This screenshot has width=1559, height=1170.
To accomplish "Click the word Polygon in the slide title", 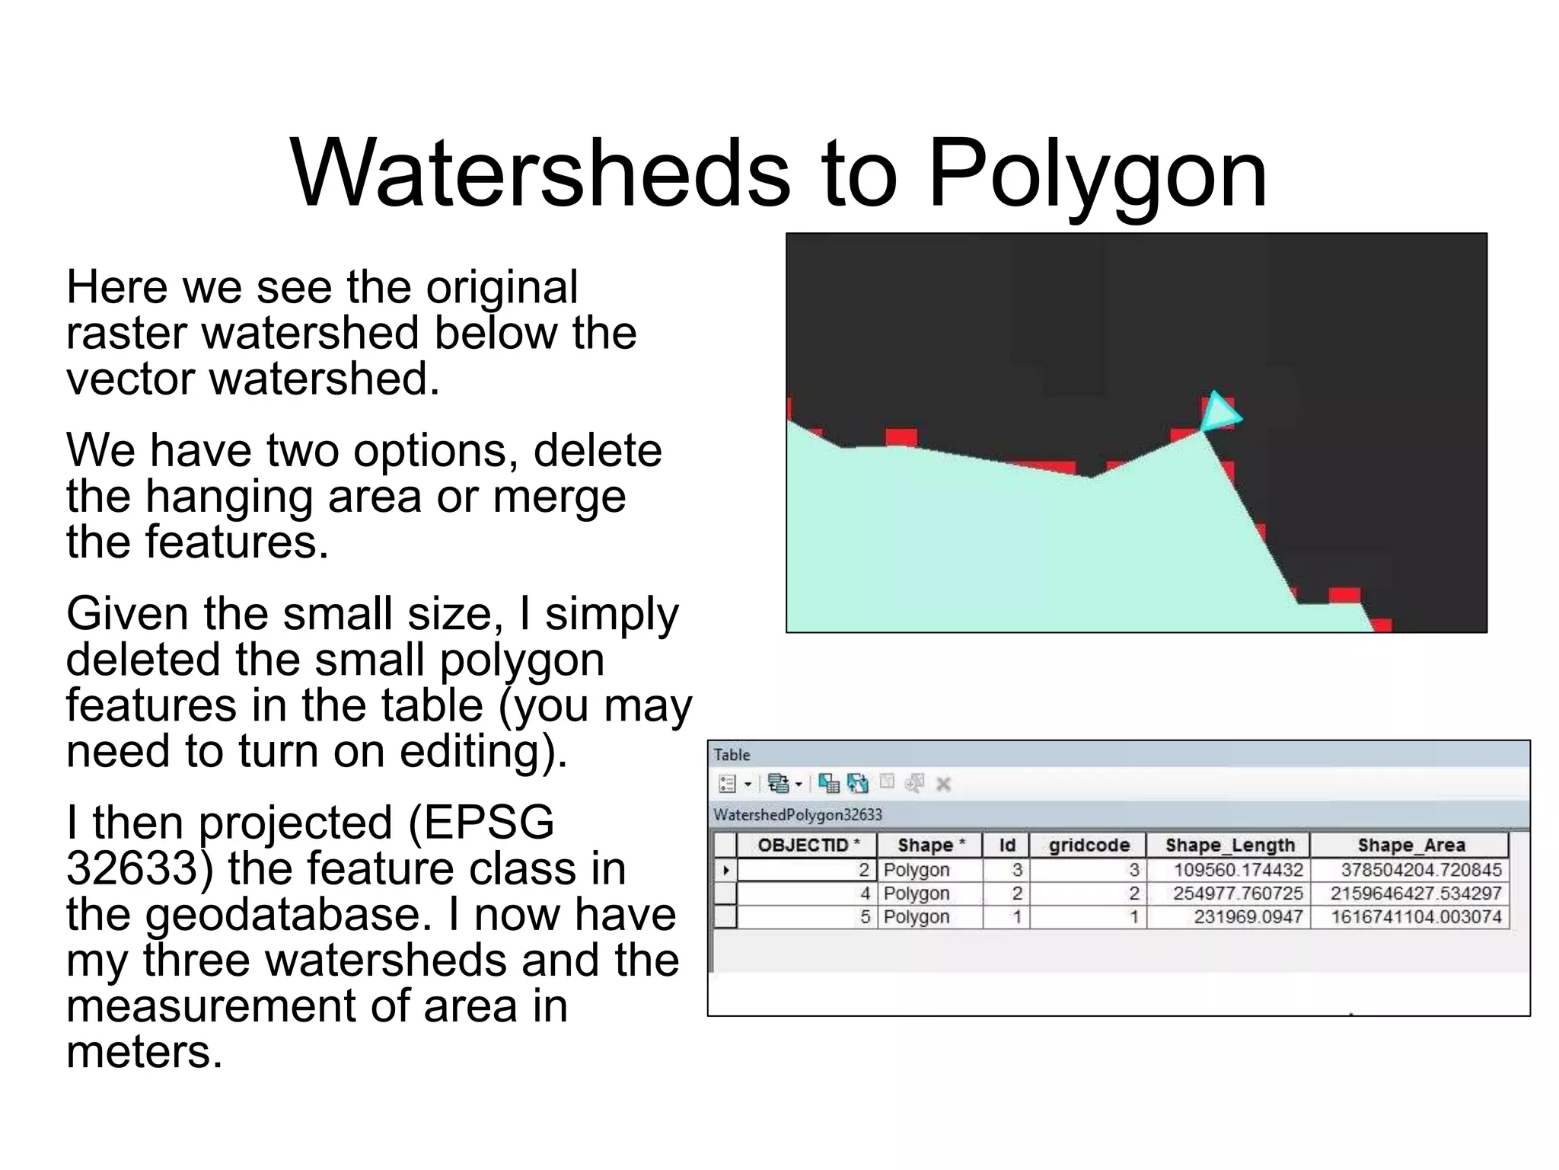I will coord(1097,175).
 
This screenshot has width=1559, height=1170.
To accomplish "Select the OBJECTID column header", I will coord(808,845).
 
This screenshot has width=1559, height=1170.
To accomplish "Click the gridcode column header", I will coord(1089,845).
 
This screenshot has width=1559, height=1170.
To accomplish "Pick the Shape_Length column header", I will coord(1229,845).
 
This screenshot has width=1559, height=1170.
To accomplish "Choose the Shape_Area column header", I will coord(1411,845).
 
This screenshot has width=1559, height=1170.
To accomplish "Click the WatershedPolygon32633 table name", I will coord(797,815).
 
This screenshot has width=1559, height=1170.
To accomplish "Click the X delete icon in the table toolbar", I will coord(943,784).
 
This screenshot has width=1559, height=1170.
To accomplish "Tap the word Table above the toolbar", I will coord(732,755).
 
